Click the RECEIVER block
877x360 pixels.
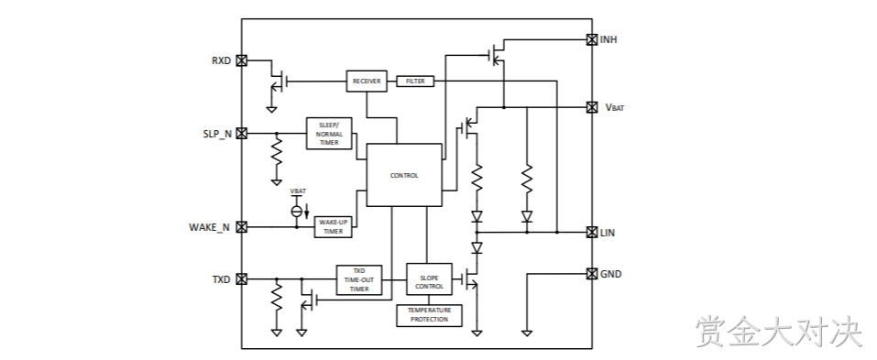[367, 81]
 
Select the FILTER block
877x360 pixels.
[415, 81]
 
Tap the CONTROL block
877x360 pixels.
[404, 175]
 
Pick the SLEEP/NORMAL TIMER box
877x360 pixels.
[329, 133]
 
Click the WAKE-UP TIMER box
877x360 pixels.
[333, 226]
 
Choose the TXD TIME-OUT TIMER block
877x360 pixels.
[359, 280]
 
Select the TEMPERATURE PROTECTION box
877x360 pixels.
[429, 315]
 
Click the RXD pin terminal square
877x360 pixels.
[242, 60]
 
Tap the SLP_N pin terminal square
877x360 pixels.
[242, 133]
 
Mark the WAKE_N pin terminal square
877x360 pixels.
[242, 227]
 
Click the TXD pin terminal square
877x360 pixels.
[242, 279]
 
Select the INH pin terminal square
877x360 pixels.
[592, 39]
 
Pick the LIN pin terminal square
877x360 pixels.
[592, 232]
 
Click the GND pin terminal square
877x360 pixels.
[592, 273]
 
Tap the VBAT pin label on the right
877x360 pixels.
[614, 107]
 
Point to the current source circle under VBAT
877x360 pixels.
[297, 211]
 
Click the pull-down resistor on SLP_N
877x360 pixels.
[277, 151]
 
